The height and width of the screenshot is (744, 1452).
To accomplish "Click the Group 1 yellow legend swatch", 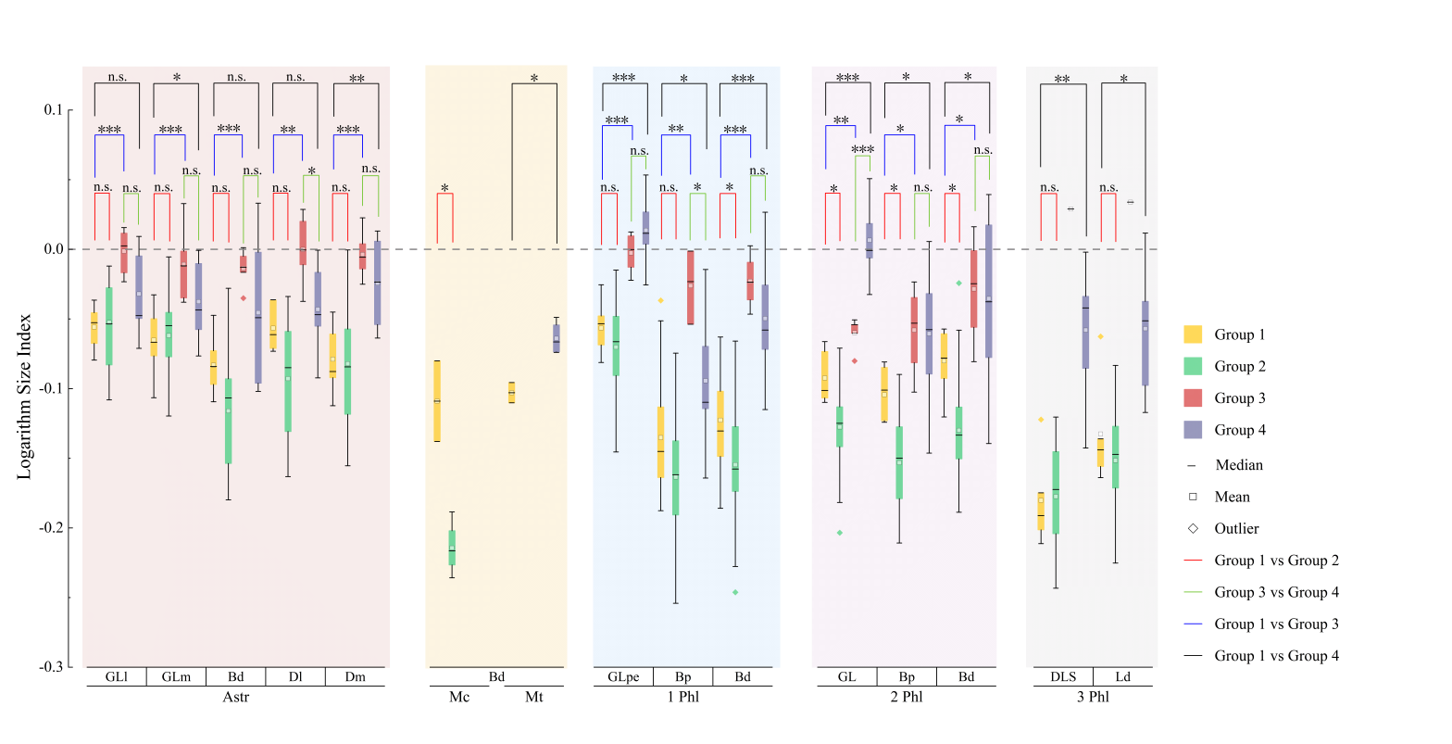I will click(1193, 334).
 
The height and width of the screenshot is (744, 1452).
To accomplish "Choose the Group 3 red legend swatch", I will click(1193, 398).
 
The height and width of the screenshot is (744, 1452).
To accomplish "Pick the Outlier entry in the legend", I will click(1236, 529).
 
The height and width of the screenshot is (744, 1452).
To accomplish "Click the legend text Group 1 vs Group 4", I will click(1276, 656).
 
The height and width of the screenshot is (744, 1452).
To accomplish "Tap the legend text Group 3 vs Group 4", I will click(1276, 592).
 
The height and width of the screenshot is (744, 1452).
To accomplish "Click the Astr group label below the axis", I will click(235, 697).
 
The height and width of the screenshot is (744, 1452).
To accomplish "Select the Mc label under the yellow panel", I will click(459, 697).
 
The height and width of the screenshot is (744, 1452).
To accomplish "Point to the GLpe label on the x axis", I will click(623, 677).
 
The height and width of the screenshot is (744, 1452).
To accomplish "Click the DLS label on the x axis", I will click(1063, 677).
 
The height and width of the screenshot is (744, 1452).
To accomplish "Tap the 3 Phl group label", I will click(1093, 697).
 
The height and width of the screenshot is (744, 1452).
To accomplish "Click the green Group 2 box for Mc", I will click(452, 548).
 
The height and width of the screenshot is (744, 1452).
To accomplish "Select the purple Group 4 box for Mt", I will click(557, 339).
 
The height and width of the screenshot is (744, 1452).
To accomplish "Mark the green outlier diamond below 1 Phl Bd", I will click(735, 592).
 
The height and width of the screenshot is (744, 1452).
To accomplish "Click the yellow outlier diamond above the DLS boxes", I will click(1041, 420).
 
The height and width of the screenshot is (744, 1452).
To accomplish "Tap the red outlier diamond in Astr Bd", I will click(244, 297).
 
